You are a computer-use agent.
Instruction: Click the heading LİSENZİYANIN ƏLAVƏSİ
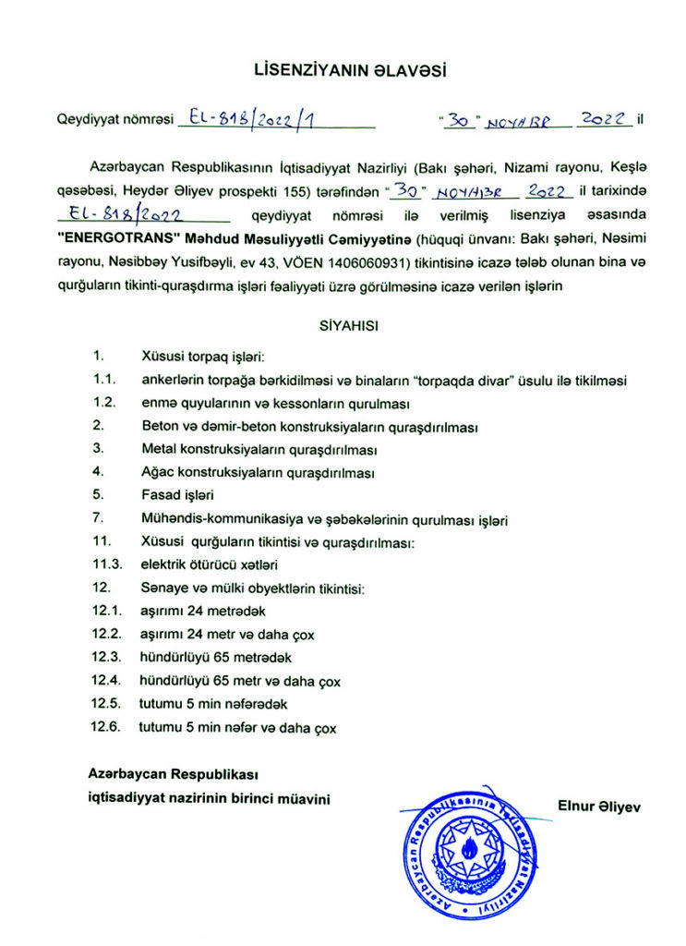(343, 70)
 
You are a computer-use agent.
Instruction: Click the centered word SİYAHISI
(343, 325)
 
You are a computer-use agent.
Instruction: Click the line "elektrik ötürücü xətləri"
(210, 564)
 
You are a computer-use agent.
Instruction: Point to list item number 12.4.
(107, 682)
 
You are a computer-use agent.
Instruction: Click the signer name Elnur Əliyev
(599, 806)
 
